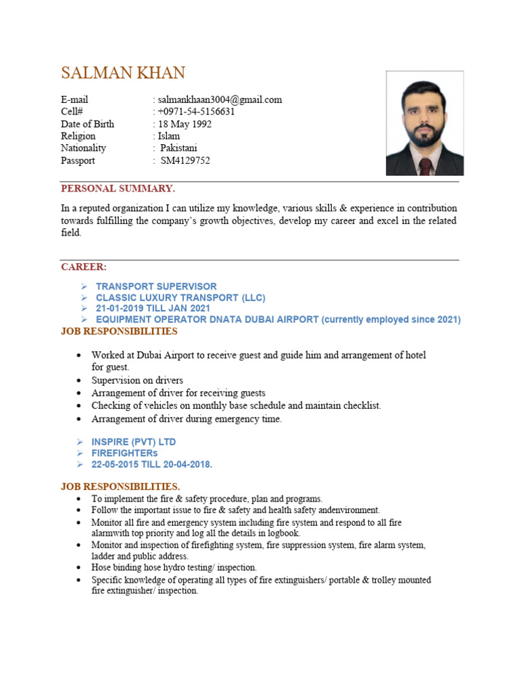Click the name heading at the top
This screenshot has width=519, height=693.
(x=122, y=72)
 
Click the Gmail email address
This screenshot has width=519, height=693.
(x=219, y=99)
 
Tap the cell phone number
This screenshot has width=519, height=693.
(x=196, y=112)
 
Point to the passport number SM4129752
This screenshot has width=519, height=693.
(x=185, y=160)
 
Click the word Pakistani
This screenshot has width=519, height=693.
(x=179, y=148)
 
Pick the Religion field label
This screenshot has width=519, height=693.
(x=78, y=136)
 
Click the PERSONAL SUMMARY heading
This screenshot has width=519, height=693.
(x=118, y=188)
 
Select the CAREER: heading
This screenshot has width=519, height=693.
(x=84, y=267)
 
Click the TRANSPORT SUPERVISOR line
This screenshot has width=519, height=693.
(x=156, y=287)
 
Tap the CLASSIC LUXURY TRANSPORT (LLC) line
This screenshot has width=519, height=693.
(x=180, y=298)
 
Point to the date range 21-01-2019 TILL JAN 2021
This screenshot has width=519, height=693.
(x=153, y=309)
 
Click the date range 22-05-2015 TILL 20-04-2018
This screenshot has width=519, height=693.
(x=154, y=464)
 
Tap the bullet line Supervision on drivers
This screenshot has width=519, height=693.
(x=137, y=380)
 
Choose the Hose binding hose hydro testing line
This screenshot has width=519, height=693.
(x=174, y=567)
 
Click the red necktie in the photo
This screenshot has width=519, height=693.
(x=425, y=165)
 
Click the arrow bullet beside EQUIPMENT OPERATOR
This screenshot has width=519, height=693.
(x=84, y=319)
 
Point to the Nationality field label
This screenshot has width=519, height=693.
(x=84, y=148)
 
